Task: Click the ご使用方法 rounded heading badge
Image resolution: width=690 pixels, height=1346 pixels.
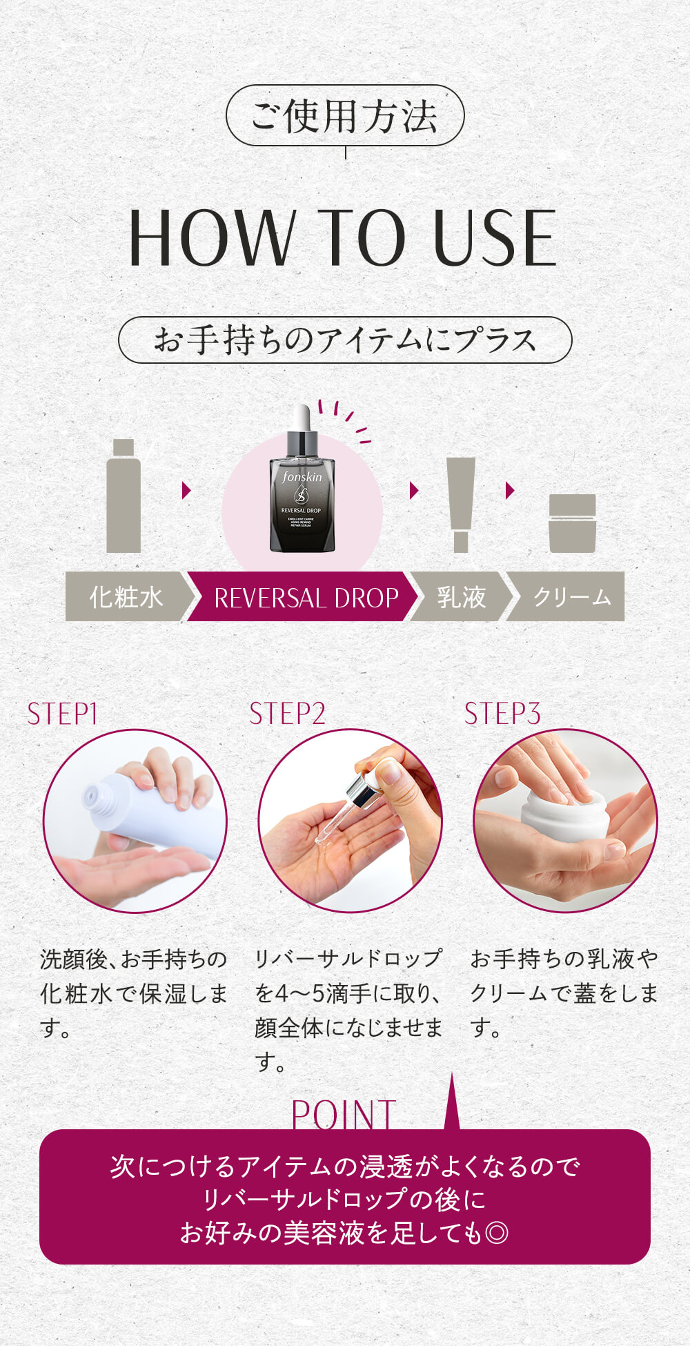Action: tap(345, 115)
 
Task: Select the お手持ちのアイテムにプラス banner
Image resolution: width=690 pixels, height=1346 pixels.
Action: tap(345, 340)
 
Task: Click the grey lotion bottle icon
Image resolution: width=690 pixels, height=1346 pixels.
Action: tap(124, 496)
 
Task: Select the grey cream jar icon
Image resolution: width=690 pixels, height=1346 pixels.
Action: tap(573, 523)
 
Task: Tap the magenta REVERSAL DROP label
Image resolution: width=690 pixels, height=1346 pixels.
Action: tap(304, 596)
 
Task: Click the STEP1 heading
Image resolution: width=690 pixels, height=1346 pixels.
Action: tap(62, 714)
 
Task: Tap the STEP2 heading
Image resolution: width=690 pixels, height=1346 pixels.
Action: tap(287, 714)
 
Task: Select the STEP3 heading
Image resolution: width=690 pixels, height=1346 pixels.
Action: tap(502, 714)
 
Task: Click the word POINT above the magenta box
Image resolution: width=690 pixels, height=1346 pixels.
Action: tap(344, 1114)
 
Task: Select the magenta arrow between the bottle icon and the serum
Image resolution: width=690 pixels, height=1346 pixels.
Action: tap(186, 490)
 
